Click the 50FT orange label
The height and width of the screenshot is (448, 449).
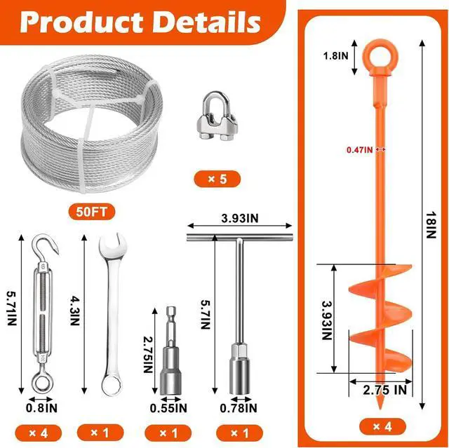[92, 212]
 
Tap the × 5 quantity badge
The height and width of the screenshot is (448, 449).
[217, 179]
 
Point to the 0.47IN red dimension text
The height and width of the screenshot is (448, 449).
[360, 149]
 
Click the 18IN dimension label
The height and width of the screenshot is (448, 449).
[431, 224]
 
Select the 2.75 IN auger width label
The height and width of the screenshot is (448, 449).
[385, 390]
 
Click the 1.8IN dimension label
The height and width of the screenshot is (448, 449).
[335, 55]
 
